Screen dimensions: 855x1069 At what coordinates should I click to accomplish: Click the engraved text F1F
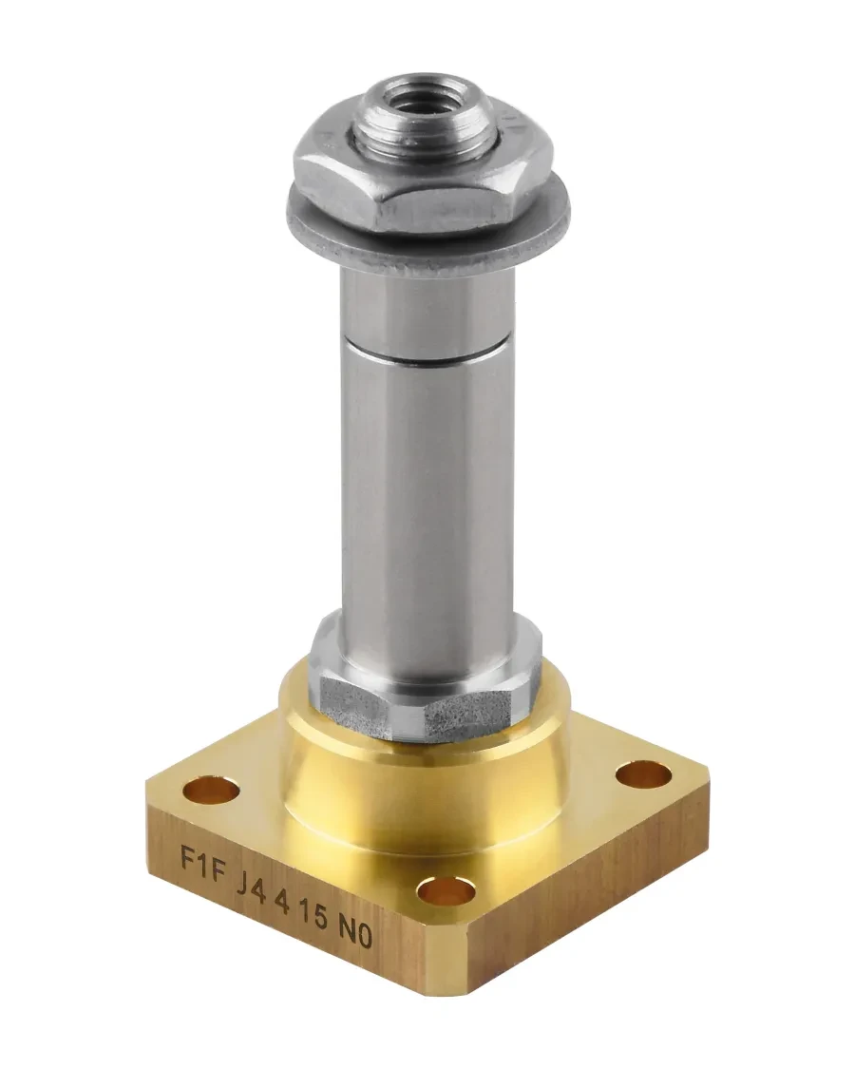pyautogui.click(x=201, y=860)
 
